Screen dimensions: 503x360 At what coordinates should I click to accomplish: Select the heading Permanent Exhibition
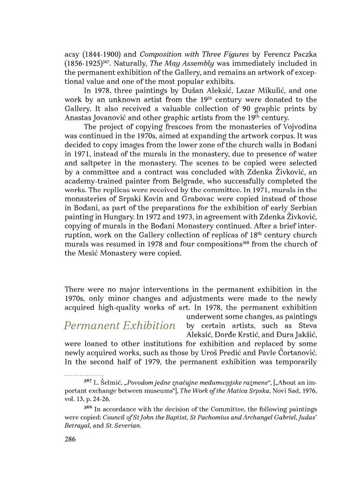coord(119,325)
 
